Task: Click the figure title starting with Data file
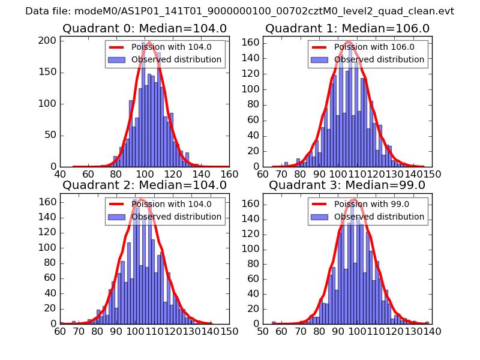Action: coord(239,11)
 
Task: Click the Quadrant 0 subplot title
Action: coord(144,28)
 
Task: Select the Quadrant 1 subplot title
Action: coord(347,28)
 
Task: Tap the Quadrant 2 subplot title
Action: coord(144,185)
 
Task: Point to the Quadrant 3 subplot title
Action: coord(347,185)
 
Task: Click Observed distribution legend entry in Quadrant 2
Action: coord(176,217)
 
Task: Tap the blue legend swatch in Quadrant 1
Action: coord(319,60)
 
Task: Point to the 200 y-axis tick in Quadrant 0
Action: coord(48,41)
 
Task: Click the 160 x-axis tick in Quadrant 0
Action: coord(229,174)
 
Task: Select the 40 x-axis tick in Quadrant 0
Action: coord(60,174)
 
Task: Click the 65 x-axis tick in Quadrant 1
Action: coord(263,174)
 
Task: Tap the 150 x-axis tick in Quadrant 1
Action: coord(433,174)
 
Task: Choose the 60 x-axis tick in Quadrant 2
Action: coord(60,331)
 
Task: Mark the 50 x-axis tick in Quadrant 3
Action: coord(263,331)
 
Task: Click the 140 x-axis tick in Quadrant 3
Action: coord(433,331)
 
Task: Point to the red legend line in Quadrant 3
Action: coord(319,204)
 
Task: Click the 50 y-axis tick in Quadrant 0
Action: coord(50,135)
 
